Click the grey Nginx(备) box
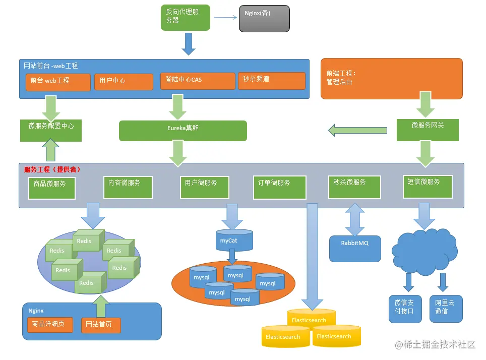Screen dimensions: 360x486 pos(264,19)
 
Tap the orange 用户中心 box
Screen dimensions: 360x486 pos(124,82)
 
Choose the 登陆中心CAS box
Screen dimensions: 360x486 pos(198,81)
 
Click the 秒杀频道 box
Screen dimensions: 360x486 pos(271,80)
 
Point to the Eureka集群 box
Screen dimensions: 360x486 pos(183,131)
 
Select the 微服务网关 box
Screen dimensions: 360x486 pos(428,130)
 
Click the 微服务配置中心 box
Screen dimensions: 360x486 pos(51,131)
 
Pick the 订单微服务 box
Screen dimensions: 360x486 pos(279,187)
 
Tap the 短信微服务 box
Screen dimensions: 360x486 pos(428,187)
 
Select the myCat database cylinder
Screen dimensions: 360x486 pos(234,242)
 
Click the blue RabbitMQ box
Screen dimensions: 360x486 pos(355,248)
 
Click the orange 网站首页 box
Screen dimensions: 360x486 pos(101,325)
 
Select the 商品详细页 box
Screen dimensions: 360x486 pos(50,324)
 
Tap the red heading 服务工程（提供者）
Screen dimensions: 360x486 pos(52,170)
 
